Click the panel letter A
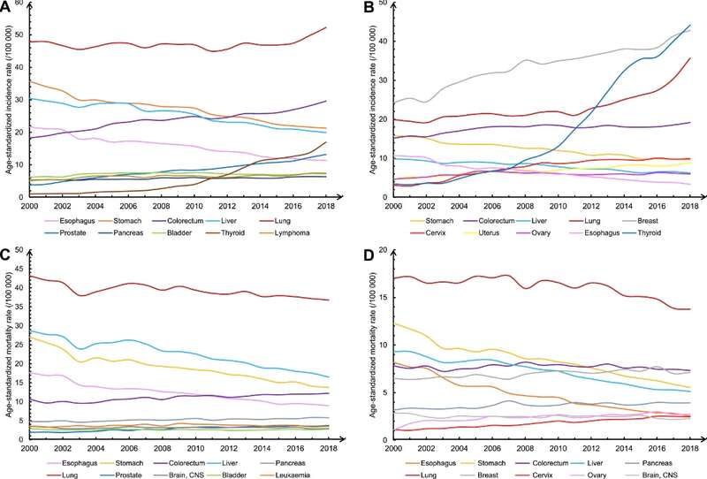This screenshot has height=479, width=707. pos(6,5)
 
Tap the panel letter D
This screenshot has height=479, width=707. pos(369,255)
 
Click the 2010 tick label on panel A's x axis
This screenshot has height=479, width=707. pos(194,206)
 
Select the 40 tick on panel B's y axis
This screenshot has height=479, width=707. pos(383,41)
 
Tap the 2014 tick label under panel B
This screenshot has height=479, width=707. pos(624,206)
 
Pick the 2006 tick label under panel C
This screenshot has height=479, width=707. pos(128,448)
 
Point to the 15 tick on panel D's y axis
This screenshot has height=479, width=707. pos(383,298)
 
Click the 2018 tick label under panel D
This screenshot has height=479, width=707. pos(690,448)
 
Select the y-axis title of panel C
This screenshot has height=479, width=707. pos(9,345)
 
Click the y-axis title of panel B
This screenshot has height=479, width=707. pos(372,100)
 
